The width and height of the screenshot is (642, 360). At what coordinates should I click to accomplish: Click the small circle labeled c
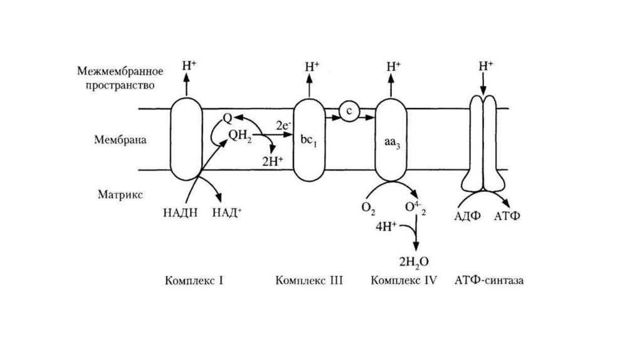coord(349,110)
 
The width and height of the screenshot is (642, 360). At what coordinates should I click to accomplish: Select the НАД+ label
coord(228,213)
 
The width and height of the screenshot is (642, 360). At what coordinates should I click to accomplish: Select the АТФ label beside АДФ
coord(508,216)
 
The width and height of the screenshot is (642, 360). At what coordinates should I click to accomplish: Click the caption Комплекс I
coord(194,280)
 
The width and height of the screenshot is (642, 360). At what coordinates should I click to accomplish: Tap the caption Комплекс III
coord(309,280)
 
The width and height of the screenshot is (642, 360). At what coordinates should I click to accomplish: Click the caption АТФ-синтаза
coord(489,280)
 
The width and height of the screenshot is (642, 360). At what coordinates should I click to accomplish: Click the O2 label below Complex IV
coord(368,208)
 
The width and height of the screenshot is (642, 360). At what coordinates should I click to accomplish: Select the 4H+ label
coord(386,226)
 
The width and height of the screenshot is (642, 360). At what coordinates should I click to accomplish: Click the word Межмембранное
coord(122,70)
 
